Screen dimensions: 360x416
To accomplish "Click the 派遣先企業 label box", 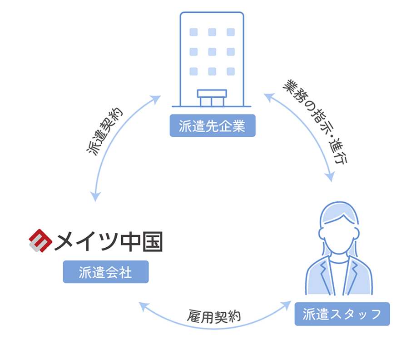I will (x=213, y=126).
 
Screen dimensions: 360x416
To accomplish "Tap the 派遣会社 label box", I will (x=105, y=272).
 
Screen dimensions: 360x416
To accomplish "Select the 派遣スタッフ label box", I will (x=342, y=314).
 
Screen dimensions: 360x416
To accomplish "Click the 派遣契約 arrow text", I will (x=105, y=132).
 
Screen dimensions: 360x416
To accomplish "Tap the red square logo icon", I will (x=40, y=240).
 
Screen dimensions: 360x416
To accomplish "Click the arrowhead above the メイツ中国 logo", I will (x=95, y=196).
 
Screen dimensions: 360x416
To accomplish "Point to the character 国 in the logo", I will (x=152, y=241).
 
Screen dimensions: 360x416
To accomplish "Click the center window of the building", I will (x=212, y=51).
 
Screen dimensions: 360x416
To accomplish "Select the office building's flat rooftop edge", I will (x=212, y=13).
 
